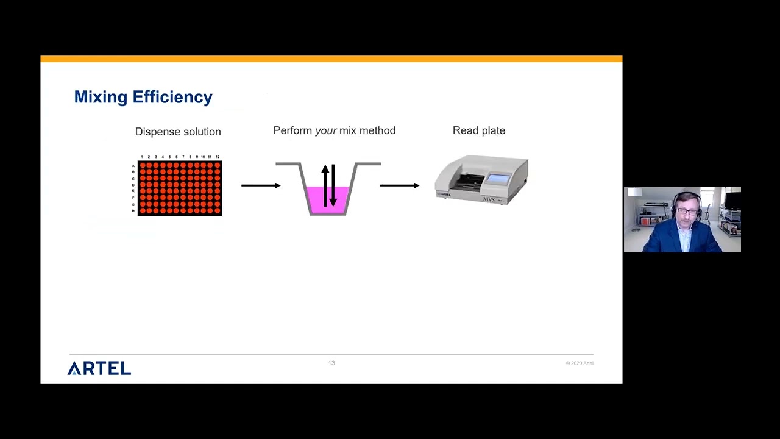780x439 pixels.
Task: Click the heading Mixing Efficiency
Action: pyautogui.click(x=143, y=97)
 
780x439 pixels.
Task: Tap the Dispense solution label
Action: pyautogui.click(x=178, y=132)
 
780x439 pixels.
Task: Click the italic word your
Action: pyautogui.click(x=326, y=130)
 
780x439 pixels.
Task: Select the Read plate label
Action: pyautogui.click(x=478, y=130)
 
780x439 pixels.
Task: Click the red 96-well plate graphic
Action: pyautogui.click(x=180, y=188)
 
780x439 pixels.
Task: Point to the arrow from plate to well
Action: pyautogui.click(x=261, y=185)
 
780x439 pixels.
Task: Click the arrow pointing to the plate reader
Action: pyautogui.click(x=400, y=185)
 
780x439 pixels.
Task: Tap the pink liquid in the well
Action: pyautogui.click(x=315, y=200)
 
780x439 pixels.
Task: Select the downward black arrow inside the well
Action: pyautogui.click(x=333, y=185)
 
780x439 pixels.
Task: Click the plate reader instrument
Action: pyautogui.click(x=481, y=180)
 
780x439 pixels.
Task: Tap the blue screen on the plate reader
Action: pyautogui.click(x=499, y=179)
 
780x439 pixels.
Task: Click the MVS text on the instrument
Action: pyautogui.click(x=489, y=199)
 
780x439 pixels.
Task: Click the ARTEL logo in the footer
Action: pyautogui.click(x=99, y=368)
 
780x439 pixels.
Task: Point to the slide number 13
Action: pyautogui.click(x=331, y=363)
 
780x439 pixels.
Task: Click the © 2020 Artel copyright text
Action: pyautogui.click(x=579, y=363)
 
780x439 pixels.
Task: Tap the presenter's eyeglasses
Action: pyautogui.click(x=687, y=211)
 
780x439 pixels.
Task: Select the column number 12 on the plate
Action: pyautogui.click(x=218, y=157)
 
